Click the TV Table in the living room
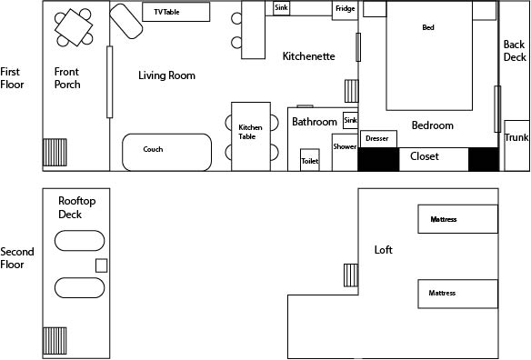[176, 12]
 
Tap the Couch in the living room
[167, 152]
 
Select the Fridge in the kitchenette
[346, 11]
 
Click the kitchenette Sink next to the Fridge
[282, 8]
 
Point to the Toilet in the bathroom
[310, 160]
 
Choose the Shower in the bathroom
[345, 152]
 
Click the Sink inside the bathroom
[350, 120]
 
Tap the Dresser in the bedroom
[378, 139]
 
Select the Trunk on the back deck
[516, 145]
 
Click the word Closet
[425, 156]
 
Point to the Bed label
[428, 27]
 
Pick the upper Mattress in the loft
[458, 219]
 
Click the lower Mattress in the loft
[458, 294]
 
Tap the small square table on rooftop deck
[101, 265]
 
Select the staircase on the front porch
[55, 153]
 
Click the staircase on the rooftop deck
[55, 341]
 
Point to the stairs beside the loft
[351, 275]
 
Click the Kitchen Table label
[250, 132]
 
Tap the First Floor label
[12, 78]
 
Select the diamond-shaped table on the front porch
[74, 27]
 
